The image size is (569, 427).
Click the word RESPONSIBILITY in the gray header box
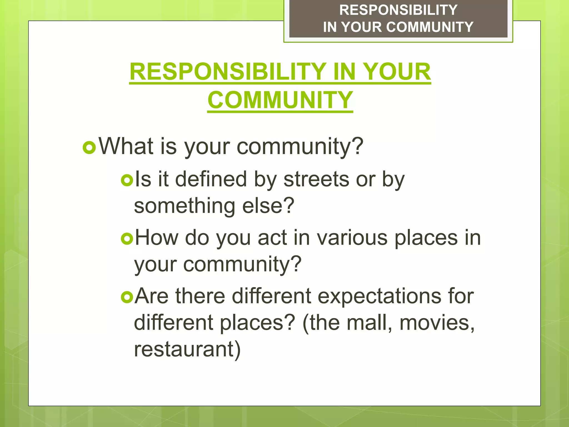[x=398, y=10]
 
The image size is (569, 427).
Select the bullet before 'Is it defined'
[x=127, y=180]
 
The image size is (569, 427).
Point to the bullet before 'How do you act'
[x=127, y=239]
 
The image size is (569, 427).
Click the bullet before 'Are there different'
[x=127, y=297]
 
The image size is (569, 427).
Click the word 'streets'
[x=316, y=179]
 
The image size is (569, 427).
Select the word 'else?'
[x=268, y=206]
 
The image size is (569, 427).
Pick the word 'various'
[x=352, y=238]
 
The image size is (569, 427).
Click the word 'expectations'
[x=379, y=296]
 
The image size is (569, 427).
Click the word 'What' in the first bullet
[x=126, y=146]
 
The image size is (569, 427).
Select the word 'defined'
[x=211, y=179]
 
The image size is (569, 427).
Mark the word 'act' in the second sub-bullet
[x=272, y=238]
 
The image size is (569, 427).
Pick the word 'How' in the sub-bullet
[x=157, y=238]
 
